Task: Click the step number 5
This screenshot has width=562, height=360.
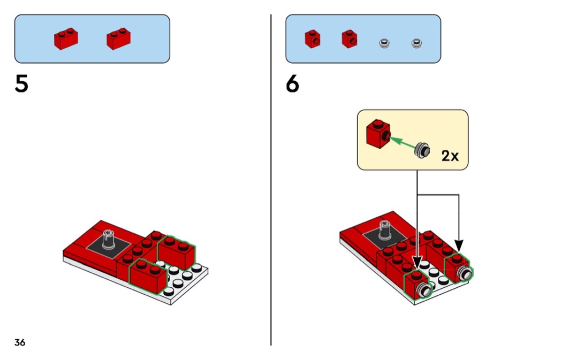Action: click(x=21, y=85)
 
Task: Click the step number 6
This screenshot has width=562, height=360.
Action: click(x=292, y=85)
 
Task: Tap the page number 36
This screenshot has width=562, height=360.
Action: click(x=20, y=342)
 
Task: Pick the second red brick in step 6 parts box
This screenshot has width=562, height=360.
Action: click(x=349, y=39)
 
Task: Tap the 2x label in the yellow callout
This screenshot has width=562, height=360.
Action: click(x=450, y=156)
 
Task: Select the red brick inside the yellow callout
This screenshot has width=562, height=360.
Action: click(x=377, y=132)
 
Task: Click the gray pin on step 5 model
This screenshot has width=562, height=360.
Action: click(x=110, y=238)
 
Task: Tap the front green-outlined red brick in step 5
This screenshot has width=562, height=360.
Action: click(x=146, y=275)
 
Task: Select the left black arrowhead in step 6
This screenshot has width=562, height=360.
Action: click(x=417, y=262)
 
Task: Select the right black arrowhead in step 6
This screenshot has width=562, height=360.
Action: click(x=459, y=246)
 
